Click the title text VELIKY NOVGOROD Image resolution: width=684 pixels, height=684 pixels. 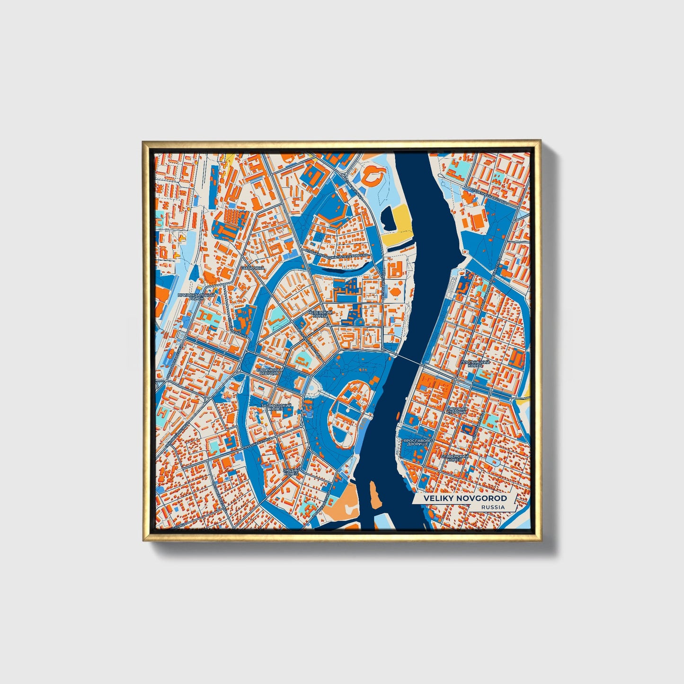point(465,498)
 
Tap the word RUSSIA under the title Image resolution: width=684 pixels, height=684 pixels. point(492,507)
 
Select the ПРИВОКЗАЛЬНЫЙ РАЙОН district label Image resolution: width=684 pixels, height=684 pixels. point(196,297)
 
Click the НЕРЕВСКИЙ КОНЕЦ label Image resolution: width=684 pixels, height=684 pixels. point(320,314)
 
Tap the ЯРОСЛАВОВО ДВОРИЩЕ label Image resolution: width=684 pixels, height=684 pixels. point(416,442)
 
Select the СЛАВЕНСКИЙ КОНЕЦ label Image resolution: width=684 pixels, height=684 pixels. point(454,458)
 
